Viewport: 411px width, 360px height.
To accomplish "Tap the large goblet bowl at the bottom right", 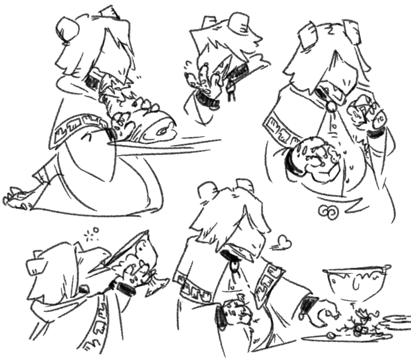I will click(x=356, y=282).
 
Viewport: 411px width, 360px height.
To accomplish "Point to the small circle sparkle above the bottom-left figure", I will click(x=95, y=230).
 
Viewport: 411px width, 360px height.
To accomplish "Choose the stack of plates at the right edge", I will click(x=397, y=322).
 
